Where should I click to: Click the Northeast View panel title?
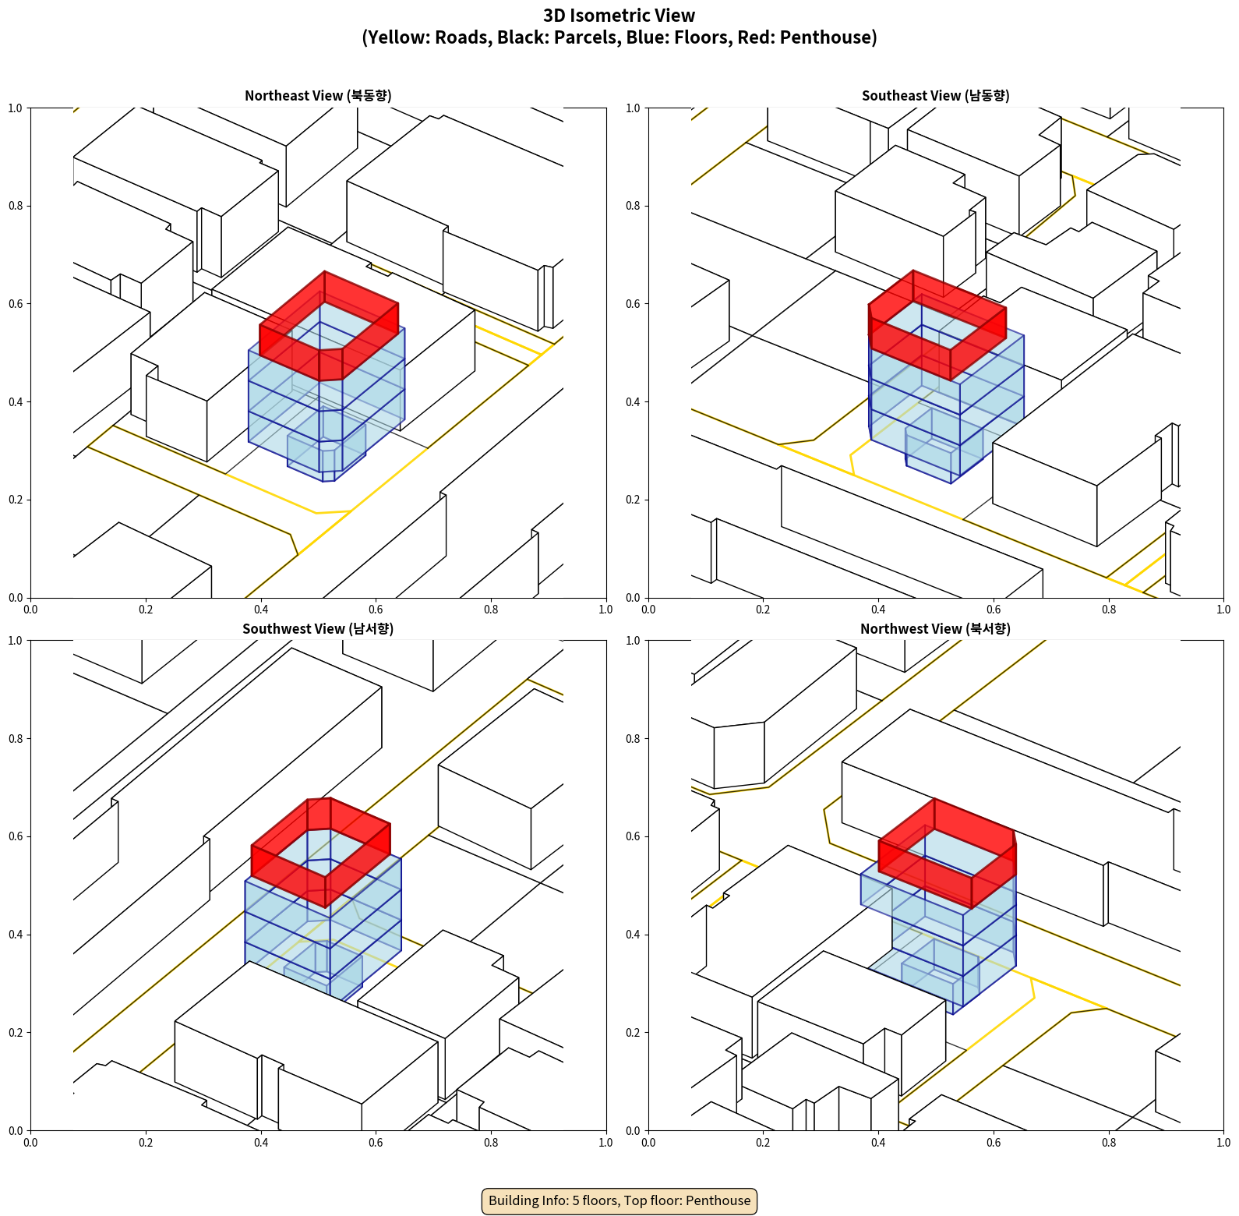pyautogui.click(x=318, y=96)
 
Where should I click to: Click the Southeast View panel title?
pyautogui.click(x=935, y=96)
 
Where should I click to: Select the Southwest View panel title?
pyautogui.click(x=318, y=629)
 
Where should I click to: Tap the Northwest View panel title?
pyautogui.click(x=935, y=629)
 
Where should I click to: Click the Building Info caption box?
pyautogui.click(x=619, y=1200)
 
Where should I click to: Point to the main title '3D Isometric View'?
pyautogui.click(x=619, y=16)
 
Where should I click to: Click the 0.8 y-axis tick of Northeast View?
pyautogui.click(x=16, y=206)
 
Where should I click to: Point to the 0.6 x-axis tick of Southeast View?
pyautogui.click(x=994, y=610)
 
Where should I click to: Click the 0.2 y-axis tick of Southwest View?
pyautogui.click(x=16, y=1033)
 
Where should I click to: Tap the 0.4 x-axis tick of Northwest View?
pyautogui.click(x=878, y=1143)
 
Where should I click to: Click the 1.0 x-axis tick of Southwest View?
pyautogui.click(x=605, y=1143)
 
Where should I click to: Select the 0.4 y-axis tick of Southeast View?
pyautogui.click(x=633, y=402)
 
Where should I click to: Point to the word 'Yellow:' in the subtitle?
pyautogui.click(x=394, y=37)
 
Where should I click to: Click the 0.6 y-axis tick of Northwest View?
pyautogui.click(x=633, y=836)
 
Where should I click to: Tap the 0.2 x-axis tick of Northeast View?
pyautogui.click(x=146, y=610)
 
